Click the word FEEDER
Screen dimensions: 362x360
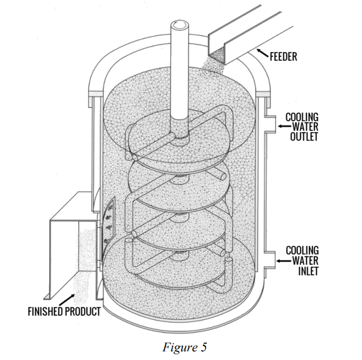(283, 57)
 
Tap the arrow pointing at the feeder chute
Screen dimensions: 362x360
(262, 53)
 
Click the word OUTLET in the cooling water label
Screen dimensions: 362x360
(304, 137)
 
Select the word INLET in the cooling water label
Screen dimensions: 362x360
(308, 271)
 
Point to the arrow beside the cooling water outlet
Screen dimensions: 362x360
(284, 126)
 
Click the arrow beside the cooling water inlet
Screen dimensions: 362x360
(283, 261)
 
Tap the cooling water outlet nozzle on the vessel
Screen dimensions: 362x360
(270, 124)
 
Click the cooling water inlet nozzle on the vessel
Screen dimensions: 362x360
(270, 260)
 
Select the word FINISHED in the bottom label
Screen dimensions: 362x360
(45, 311)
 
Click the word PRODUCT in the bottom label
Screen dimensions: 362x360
(83, 311)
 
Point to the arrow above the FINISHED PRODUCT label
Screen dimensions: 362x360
(67, 300)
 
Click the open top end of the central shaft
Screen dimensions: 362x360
(179, 25)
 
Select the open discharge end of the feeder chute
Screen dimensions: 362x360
(217, 55)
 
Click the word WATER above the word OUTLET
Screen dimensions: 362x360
(305, 126)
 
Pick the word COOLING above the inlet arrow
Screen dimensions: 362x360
(302, 251)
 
